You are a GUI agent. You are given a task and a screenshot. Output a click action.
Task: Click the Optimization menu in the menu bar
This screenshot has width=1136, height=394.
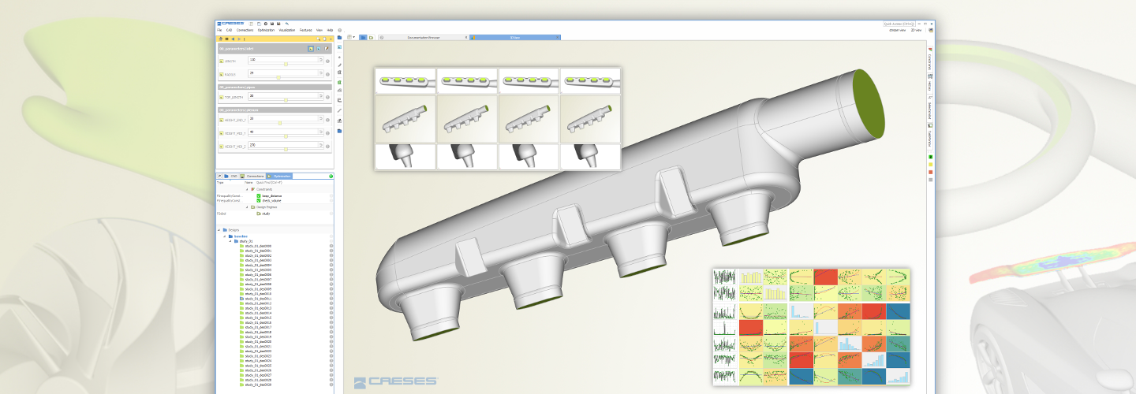coord(266,30)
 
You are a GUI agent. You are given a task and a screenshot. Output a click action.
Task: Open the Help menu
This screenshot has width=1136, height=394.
coord(330,30)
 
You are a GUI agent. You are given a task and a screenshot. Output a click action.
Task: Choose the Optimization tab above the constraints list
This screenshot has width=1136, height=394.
coord(282,176)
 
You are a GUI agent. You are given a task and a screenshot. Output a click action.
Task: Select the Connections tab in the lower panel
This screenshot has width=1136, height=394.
coord(254,176)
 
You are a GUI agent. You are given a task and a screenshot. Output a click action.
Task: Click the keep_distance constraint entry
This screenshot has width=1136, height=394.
coord(271,195)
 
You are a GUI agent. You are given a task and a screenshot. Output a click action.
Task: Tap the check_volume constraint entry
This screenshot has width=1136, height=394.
coord(271,200)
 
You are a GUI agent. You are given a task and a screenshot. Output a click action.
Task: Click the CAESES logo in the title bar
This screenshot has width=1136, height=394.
coord(230,24)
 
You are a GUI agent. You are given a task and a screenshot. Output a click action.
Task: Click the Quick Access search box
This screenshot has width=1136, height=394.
coord(899,24)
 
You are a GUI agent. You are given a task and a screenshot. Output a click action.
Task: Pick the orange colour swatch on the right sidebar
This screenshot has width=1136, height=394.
coord(931,172)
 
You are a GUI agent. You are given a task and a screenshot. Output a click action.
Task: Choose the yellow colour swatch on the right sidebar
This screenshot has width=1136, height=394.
coord(931,164)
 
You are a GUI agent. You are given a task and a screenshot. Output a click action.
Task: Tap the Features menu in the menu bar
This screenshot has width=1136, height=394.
coord(305,30)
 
